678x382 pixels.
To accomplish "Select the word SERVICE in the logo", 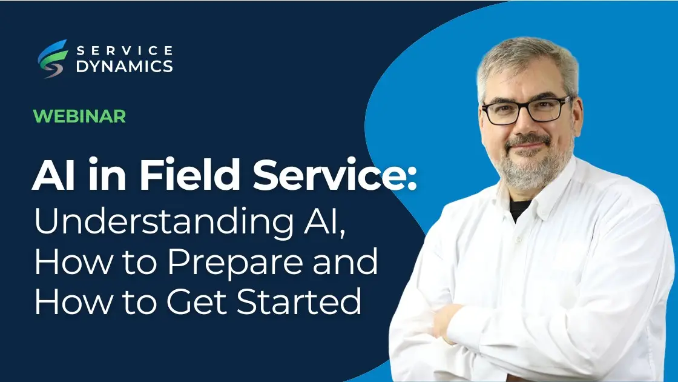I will [x=124, y=50].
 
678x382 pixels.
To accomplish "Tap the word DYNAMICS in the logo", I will [x=124, y=66].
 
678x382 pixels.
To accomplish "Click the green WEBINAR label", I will [x=79, y=116].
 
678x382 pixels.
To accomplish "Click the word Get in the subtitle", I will [x=200, y=301].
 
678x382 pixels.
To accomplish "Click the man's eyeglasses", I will [x=525, y=111].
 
